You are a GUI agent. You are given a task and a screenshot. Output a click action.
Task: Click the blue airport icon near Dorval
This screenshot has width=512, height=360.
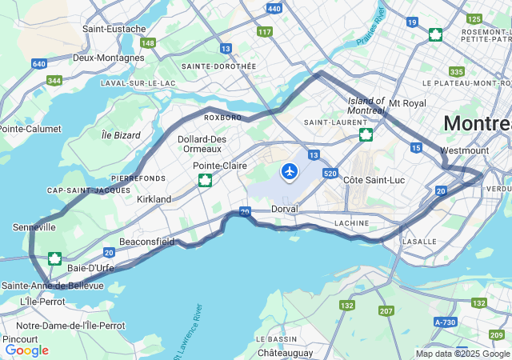(x=290, y=171)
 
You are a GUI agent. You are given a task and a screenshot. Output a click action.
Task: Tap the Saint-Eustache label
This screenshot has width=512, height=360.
(x=114, y=29)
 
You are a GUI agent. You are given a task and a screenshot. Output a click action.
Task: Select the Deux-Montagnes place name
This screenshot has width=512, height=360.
(x=109, y=58)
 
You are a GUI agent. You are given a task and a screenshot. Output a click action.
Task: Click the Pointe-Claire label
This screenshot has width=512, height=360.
(x=219, y=166)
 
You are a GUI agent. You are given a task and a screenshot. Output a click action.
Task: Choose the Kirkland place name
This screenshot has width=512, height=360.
(x=154, y=198)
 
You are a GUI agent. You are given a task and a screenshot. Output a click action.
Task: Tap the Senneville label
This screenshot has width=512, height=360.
(x=34, y=227)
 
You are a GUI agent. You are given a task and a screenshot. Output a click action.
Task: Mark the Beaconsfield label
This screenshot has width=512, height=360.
(x=146, y=241)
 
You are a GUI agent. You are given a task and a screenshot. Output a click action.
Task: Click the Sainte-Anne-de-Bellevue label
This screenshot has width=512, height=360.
(x=53, y=286)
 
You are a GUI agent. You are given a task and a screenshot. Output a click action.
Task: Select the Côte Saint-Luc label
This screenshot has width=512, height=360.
(x=374, y=180)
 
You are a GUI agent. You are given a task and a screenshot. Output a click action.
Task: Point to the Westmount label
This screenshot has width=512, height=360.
(x=464, y=150)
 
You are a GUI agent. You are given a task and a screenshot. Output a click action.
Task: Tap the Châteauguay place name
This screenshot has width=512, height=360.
(x=286, y=352)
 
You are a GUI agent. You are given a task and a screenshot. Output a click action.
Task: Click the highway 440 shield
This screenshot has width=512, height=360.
(x=274, y=9)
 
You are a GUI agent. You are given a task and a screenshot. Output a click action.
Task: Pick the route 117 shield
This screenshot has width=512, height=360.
(x=265, y=32)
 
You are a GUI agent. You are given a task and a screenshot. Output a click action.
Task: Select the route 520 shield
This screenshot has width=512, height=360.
(x=330, y=173)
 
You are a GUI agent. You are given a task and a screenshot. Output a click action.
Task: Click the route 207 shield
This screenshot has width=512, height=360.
(x=386, y=310)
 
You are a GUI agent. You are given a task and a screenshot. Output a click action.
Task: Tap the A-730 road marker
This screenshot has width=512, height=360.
(x=445, y=322)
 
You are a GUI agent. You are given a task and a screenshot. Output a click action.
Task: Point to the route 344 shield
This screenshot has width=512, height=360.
(x=54, y=80)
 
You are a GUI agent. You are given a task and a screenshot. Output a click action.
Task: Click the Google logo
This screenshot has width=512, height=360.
(x=27, y=350)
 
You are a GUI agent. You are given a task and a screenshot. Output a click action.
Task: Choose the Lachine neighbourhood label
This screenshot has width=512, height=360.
(x=351, y=222)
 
